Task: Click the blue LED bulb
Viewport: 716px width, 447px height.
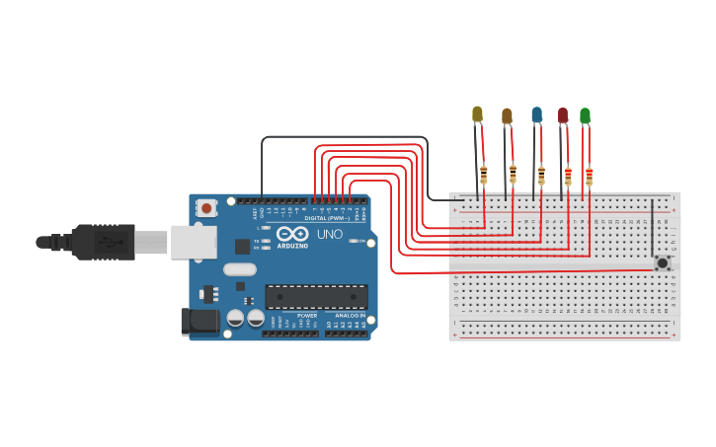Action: (536, 115)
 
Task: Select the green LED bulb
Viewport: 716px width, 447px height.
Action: (585, 116)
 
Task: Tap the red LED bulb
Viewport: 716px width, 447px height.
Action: (563, 115)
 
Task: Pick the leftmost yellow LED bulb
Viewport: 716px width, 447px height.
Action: (477, 114)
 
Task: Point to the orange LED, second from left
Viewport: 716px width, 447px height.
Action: (507, 116)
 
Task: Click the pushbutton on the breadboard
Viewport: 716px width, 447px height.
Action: (663, 262)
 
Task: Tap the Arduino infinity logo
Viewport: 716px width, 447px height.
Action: (290, 236)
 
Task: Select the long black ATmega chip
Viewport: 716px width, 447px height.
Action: (316, 296)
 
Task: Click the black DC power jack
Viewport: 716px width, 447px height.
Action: (199, 322)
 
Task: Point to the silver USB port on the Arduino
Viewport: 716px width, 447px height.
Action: (194, 242)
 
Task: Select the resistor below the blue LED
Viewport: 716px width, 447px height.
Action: (541, 176)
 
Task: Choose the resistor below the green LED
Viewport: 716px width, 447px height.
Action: (590, 177)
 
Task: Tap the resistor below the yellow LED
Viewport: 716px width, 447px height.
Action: (483, 176)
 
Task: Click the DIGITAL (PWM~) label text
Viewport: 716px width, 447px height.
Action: (325, 217)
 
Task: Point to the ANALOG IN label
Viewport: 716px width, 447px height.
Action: (349, 315)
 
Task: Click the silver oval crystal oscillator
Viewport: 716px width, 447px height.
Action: (239, 268)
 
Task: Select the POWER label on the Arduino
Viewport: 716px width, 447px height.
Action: (307, 315)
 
